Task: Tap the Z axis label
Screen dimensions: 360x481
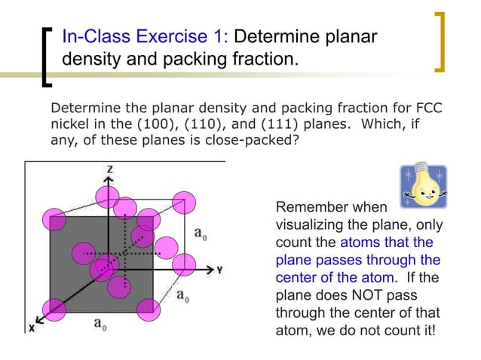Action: click(x=110, y=170)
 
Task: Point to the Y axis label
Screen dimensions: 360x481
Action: click(x=219, y=269)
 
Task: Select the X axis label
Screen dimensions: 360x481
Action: click(x=32, y=328)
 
